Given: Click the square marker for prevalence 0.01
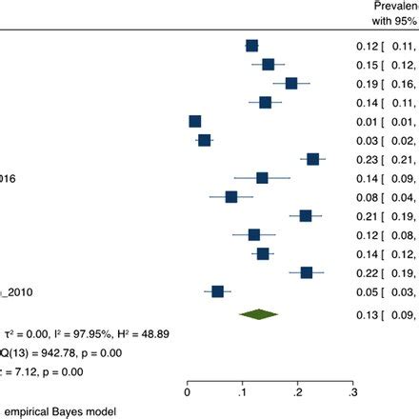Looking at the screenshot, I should (x=195, y=121).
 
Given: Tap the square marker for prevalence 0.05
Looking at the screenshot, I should (x=218, y=265).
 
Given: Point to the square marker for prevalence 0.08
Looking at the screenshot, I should (x=231, y=197).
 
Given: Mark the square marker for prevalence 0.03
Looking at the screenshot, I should (x=205, y=140).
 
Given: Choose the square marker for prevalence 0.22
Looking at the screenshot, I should (x=307, y=246).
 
